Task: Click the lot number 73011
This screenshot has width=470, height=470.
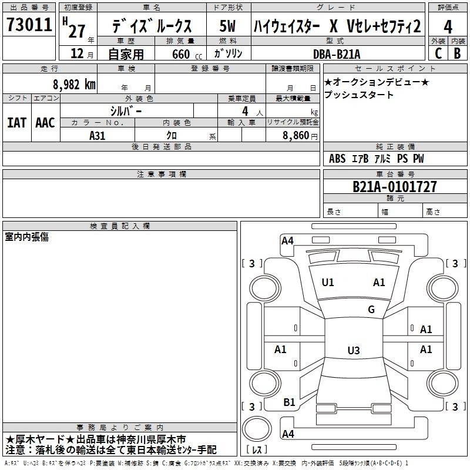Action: click(29, 25)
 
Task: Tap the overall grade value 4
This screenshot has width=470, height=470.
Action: click(448, 27)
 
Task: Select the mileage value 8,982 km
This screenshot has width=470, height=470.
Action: click(74, 85)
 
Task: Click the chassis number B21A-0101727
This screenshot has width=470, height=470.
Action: click(395, 186)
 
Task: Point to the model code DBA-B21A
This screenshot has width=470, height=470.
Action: click(337, 54)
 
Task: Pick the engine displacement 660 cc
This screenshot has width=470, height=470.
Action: click(187, 54)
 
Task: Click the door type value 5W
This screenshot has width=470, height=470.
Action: click(227, 26)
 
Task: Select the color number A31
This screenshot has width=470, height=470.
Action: click(98, 136)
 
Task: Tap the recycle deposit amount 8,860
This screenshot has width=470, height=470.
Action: click(296, 135)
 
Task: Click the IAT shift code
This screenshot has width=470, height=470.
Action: click(16, 123)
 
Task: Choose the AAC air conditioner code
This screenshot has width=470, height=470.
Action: click(45, 123)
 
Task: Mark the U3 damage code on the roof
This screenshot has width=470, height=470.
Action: click(354, 350)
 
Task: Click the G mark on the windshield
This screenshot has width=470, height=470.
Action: click(371, 310)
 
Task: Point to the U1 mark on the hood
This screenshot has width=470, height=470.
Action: click(328, 283)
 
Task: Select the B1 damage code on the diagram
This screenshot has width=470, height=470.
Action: click(289, 402)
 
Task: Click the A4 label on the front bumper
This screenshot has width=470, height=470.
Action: click(287, 241)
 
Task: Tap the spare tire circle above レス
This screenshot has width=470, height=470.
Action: click(257, 429)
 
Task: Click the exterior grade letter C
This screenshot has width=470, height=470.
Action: click(438, 53)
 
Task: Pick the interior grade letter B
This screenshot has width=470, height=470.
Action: click(458, 53)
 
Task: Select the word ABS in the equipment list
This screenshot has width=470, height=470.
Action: click(337, 159)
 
